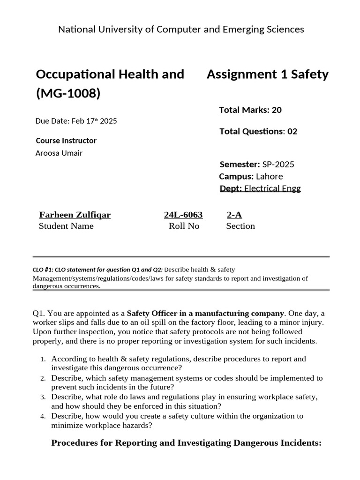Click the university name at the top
(x=181, y=30)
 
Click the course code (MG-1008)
(x=68, y=94)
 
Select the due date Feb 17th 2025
(x=76, y=121)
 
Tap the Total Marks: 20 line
(x=250, y=110)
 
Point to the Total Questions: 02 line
(x=258, y=131)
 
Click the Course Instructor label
(x=66, y=141)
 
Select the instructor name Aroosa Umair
(x=59, y=153)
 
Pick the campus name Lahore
(x=269, y=177)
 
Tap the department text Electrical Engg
(x=272, y=188)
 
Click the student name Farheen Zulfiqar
(x=75, y=215)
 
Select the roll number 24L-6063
(x=183, y=215)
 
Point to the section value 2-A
(x=234, y=215)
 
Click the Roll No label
(x=184, y=226)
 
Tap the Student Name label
(x=66, y=226)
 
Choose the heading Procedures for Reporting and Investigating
(x=186, y=442)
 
